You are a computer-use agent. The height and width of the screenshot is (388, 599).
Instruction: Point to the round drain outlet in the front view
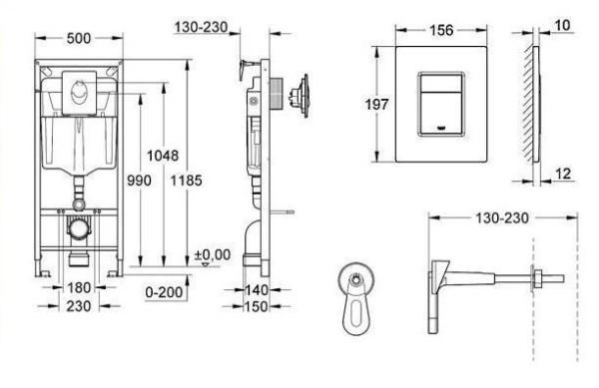pos(78,227)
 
